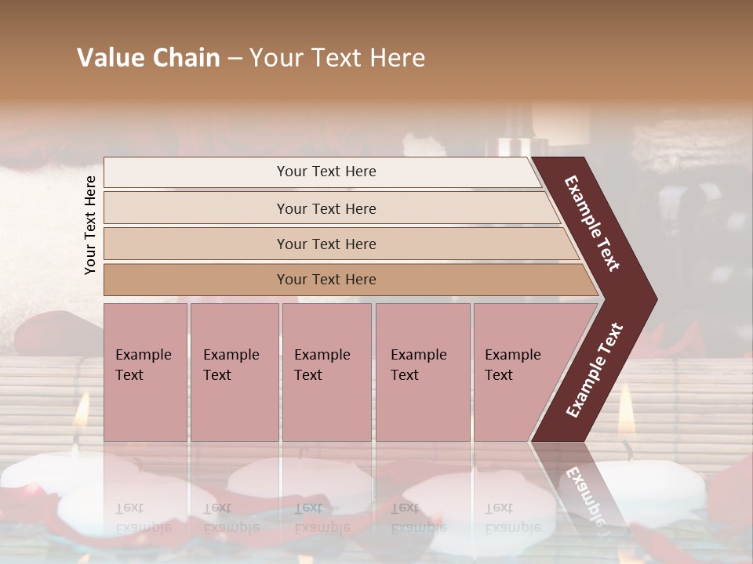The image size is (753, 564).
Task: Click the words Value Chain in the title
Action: point(148,58)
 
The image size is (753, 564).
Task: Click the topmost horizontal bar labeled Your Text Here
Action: point(326,172)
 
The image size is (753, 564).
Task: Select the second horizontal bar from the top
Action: point(326,208)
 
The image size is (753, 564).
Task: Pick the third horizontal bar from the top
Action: point(326,244)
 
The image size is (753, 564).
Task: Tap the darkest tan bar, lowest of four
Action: point(326,280)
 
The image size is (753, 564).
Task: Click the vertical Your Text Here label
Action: point(90,225)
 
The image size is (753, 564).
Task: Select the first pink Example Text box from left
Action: point(145,371)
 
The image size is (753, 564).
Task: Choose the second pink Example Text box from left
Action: point(234,371)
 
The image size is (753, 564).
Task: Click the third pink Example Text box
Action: point(326,371)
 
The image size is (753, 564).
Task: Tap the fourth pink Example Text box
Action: point(422,371)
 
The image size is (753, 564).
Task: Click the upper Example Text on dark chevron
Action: point(593,223)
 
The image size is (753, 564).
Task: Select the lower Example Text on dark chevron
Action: point(595,371)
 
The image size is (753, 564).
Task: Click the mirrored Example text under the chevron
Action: point(584,493)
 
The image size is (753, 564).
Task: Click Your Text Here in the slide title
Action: point(337,58)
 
